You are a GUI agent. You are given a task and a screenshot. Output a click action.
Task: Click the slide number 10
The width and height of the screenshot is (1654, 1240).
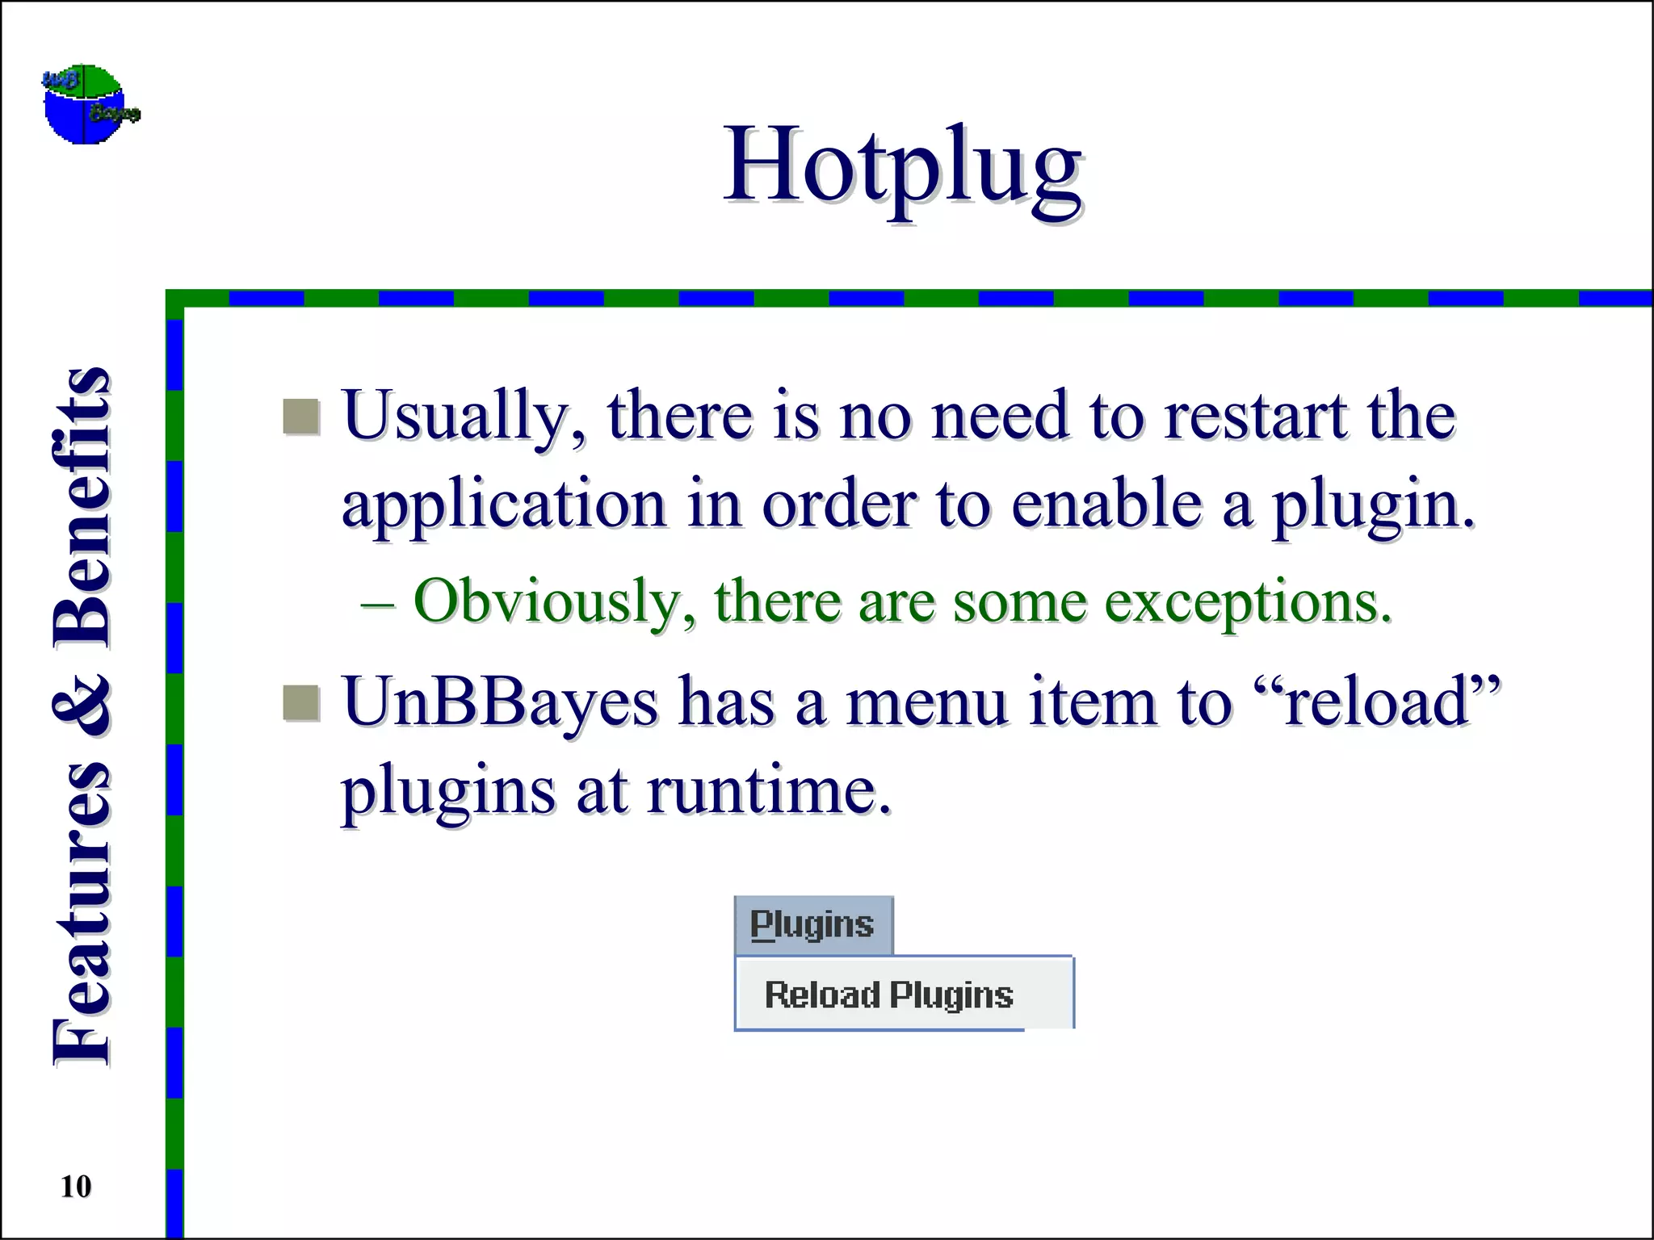tap(76, 1186)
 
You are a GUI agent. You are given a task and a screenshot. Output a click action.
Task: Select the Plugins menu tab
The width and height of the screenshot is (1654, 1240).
tap(812, 925)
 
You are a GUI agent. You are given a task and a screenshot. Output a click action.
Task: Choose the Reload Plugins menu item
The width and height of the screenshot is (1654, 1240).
tap(888, 995)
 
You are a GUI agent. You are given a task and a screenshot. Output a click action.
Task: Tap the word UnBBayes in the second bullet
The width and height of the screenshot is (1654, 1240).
tap(500, 702)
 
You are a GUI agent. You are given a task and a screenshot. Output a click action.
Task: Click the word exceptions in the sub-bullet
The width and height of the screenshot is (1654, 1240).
tap(1248, 602)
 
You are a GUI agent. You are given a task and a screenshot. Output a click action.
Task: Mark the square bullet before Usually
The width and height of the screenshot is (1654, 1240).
tap(301, 417)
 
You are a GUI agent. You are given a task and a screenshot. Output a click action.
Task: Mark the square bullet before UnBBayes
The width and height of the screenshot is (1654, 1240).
tap(301, 702)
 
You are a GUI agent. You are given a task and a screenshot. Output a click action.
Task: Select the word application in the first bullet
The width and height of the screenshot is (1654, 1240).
tap(504, 505)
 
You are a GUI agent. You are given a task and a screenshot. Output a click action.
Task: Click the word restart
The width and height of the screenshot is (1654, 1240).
tap(1255, 417)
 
